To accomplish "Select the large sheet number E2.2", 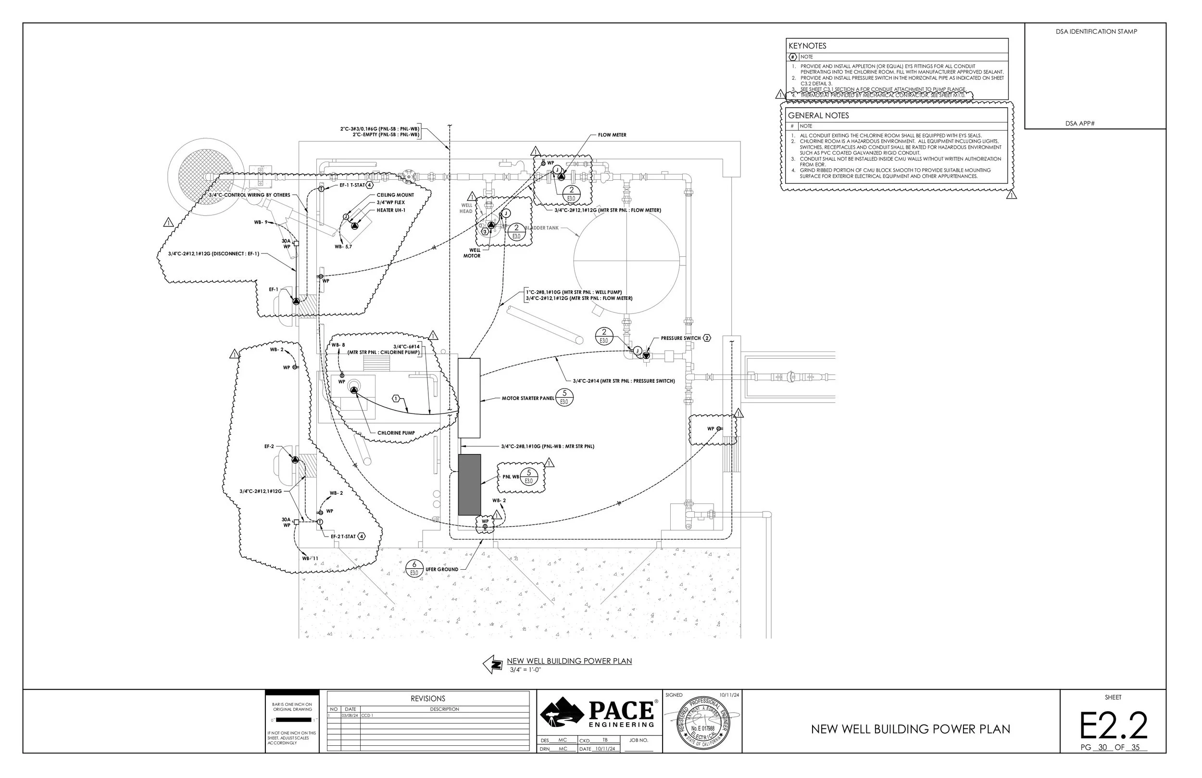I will click(1113, 727).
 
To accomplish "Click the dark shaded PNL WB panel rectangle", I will click(469, 485).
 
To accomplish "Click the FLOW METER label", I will click(612, 135).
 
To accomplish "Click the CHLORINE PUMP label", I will click(396, 433).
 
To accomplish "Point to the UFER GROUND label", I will click(441, 569).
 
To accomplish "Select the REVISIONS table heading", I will click(428, 699).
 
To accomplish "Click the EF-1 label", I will click(273, 289).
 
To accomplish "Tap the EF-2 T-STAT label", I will click(343, 537).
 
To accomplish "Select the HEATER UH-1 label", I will click(390, 210).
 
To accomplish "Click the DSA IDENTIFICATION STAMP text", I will click(1096, 31).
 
